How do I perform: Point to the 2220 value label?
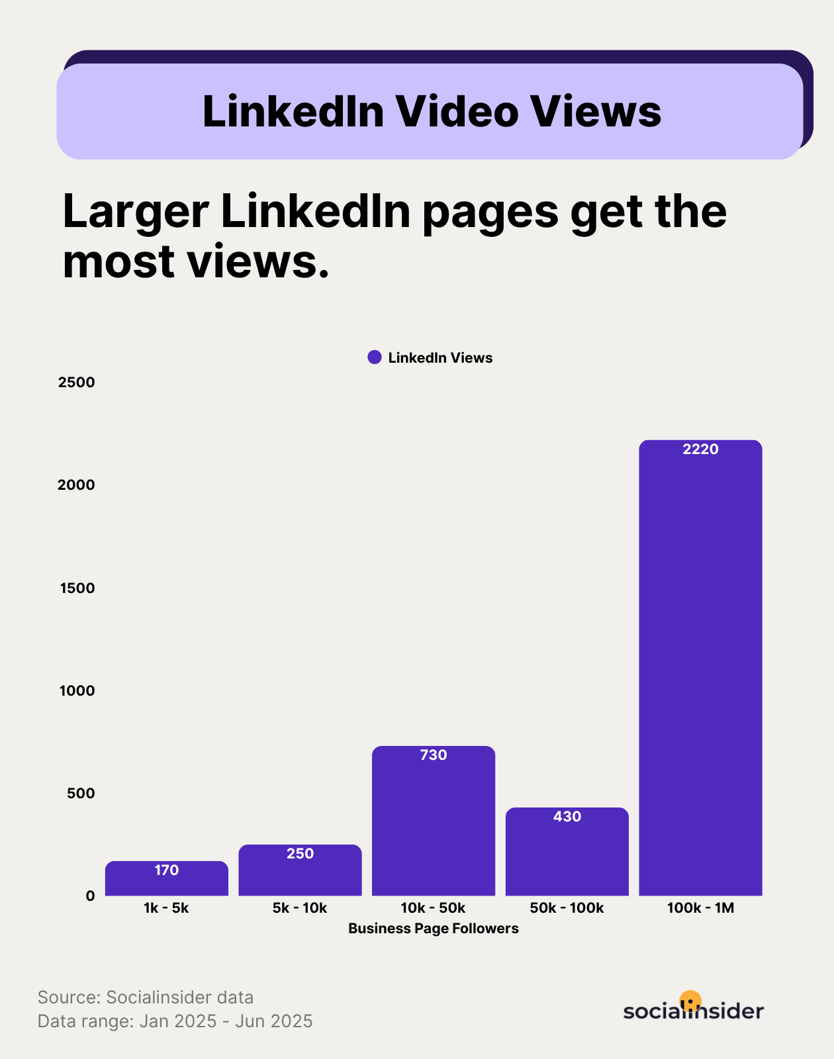(x=700, y=449)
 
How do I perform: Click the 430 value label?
(x=567, y=817)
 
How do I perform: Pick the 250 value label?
(x=300, y=854)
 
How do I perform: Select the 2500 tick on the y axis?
(x=77, y=382)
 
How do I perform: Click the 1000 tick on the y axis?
(x=77, y=690)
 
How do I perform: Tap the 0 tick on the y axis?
(x=90, y=896)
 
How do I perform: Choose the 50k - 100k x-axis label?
(x=567, y=908)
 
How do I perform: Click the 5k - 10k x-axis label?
(x=300, y=908)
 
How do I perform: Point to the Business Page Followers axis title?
(x=434, y=929)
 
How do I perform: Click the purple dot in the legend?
(x=375, y=357)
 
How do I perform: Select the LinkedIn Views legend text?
(x=440, y=358)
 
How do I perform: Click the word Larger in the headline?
(x=136, y=212)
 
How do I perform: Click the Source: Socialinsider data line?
(x=146, y=997)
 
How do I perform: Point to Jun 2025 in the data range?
(x=274, y=1021)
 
